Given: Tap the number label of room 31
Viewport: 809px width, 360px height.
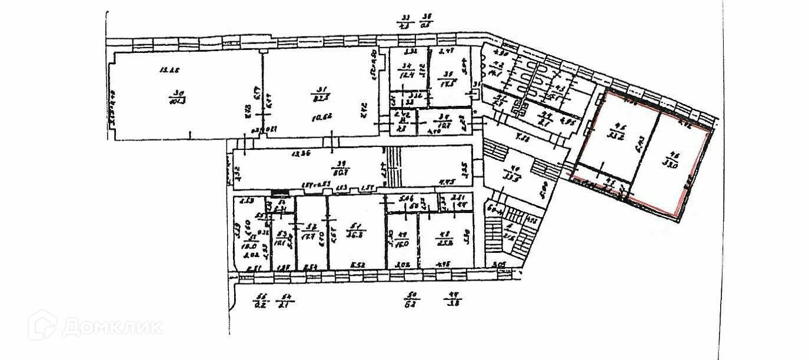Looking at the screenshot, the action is pyautogui.click(x=322, y=92).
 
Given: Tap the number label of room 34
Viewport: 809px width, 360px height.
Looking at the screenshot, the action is pyautogui.click(x=405, y=66).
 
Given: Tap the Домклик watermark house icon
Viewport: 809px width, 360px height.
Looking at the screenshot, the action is pyautogui.click(x=42, y=324).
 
